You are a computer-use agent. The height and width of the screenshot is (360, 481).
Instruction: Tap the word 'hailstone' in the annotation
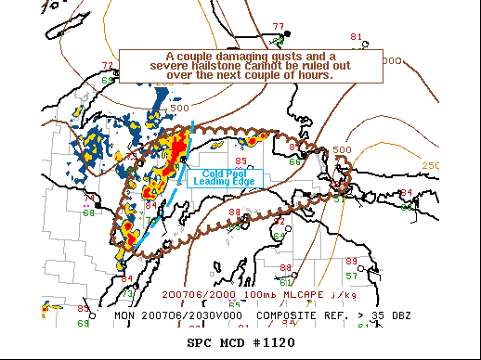click(x=227, y=66)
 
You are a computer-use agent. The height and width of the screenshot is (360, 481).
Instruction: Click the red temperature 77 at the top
click(x=279, y=26)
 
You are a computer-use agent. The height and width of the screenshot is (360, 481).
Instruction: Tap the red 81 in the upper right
click(x=356, y=36)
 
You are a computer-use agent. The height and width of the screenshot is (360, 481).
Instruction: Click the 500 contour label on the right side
click(x=342, y=149)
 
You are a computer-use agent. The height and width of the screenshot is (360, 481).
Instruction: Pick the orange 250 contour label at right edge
click(x=430, y=165)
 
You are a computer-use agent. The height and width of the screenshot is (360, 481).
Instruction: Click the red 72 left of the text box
click(x=108, y=65)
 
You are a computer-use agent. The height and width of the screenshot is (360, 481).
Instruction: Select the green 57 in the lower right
click(x=352, y=276)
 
